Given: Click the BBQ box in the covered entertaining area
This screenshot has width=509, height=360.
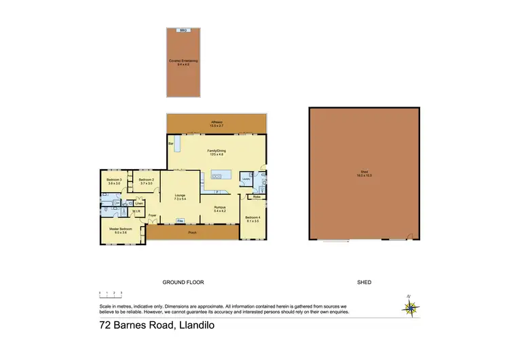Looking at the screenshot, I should click(x=182, y=31).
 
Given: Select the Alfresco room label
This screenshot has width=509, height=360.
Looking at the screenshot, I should click(x=217, y=124).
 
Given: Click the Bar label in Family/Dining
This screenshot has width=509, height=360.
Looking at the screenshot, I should click(x=171, y=144).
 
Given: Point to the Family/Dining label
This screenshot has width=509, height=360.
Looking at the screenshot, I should click(x=217, y=152).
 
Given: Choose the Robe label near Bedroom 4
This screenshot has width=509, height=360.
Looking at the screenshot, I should click(x=256, y=196).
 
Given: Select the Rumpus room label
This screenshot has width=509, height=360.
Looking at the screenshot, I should click(x=220, y=208).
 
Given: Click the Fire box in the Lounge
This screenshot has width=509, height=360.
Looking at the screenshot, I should click(x=180, y=221).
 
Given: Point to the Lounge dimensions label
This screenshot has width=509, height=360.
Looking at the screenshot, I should click(x=180, y=199).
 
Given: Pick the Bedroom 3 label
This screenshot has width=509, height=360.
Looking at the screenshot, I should click(x=113, y=181).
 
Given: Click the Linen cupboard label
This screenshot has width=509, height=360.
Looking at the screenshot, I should click(x=138, y=203).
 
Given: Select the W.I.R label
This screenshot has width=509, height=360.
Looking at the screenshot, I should click(x=136, y=212).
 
